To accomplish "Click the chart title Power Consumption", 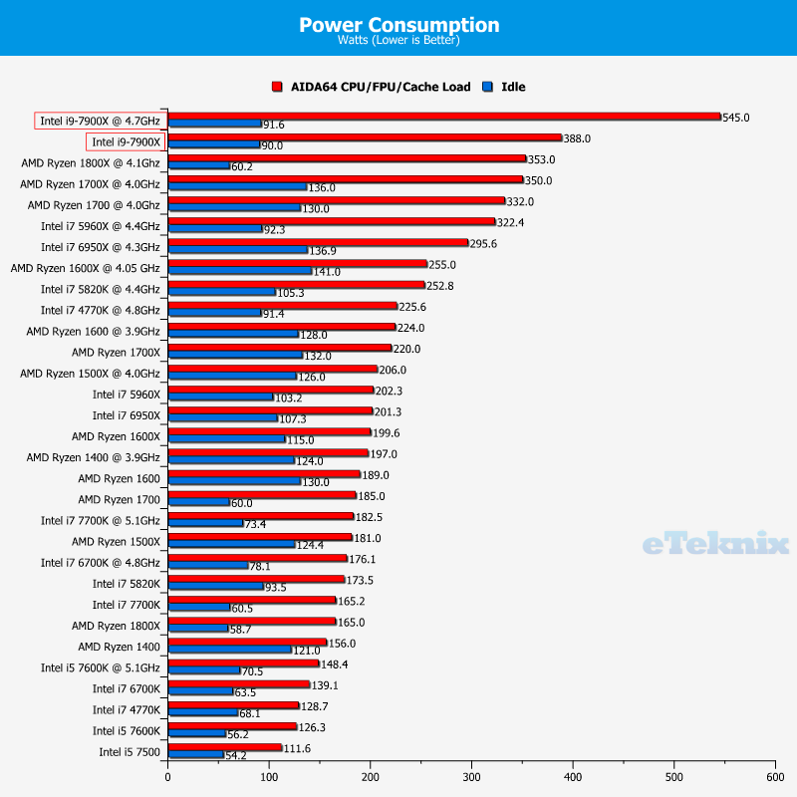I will coord(398,25).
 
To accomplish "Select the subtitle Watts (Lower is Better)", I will coord(398,42).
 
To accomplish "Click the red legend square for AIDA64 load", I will coord(278,87).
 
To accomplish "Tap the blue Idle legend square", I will coord(488,87).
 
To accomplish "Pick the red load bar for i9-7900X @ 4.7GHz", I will coord(443,117).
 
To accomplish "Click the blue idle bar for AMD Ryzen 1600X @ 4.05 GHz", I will coord(240,270).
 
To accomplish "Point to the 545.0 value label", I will coord(736,118).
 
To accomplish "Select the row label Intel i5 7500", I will coord(130,751).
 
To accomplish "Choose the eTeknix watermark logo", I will coord(715,543).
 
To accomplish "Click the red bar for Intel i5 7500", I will coord(225,746).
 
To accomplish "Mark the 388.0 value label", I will coord(577,138).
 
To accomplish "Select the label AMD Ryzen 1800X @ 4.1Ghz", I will coord(91,162).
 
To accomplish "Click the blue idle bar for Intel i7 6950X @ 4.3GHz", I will coord(238,249).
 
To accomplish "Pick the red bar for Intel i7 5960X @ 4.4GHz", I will coord(331,221).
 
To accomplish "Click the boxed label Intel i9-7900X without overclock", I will coord(127,141).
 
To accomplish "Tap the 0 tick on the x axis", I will coord(168,776).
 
